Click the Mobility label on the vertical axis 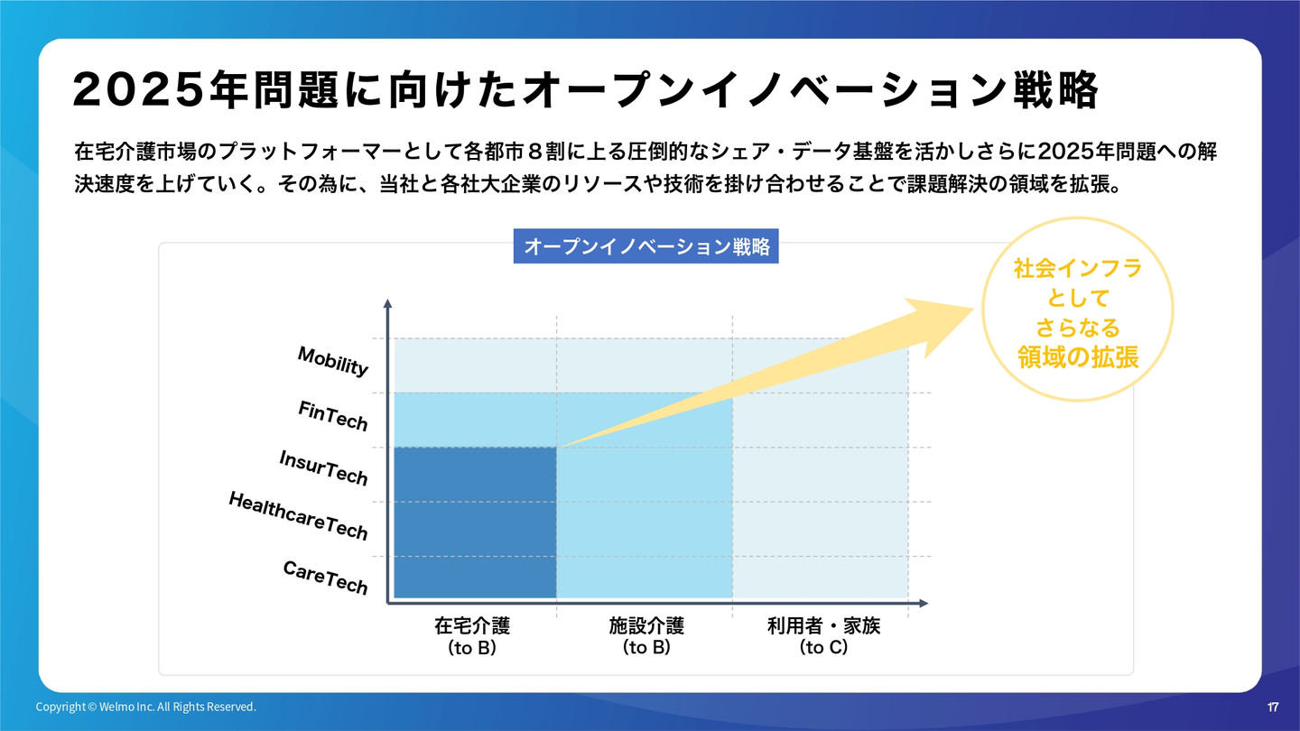[332, 361]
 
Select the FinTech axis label [332, 416]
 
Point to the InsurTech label [323, 467]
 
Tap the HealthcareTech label [298, 516]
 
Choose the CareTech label [326, 578]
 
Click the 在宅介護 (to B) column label [472, 636]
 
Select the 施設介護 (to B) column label [646, 636]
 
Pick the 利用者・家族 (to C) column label [823, 636]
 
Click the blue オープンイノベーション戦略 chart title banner [646, 246]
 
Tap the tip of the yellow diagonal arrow [973, 309]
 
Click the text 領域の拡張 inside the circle [1078, 357]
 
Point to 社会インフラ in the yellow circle [1078, 268]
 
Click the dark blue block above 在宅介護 [475, 523]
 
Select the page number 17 [1272, 707]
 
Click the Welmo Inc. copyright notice [145, 707]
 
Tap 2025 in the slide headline [139, 90]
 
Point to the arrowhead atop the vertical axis [387, 303]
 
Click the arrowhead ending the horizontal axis [924, 604]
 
